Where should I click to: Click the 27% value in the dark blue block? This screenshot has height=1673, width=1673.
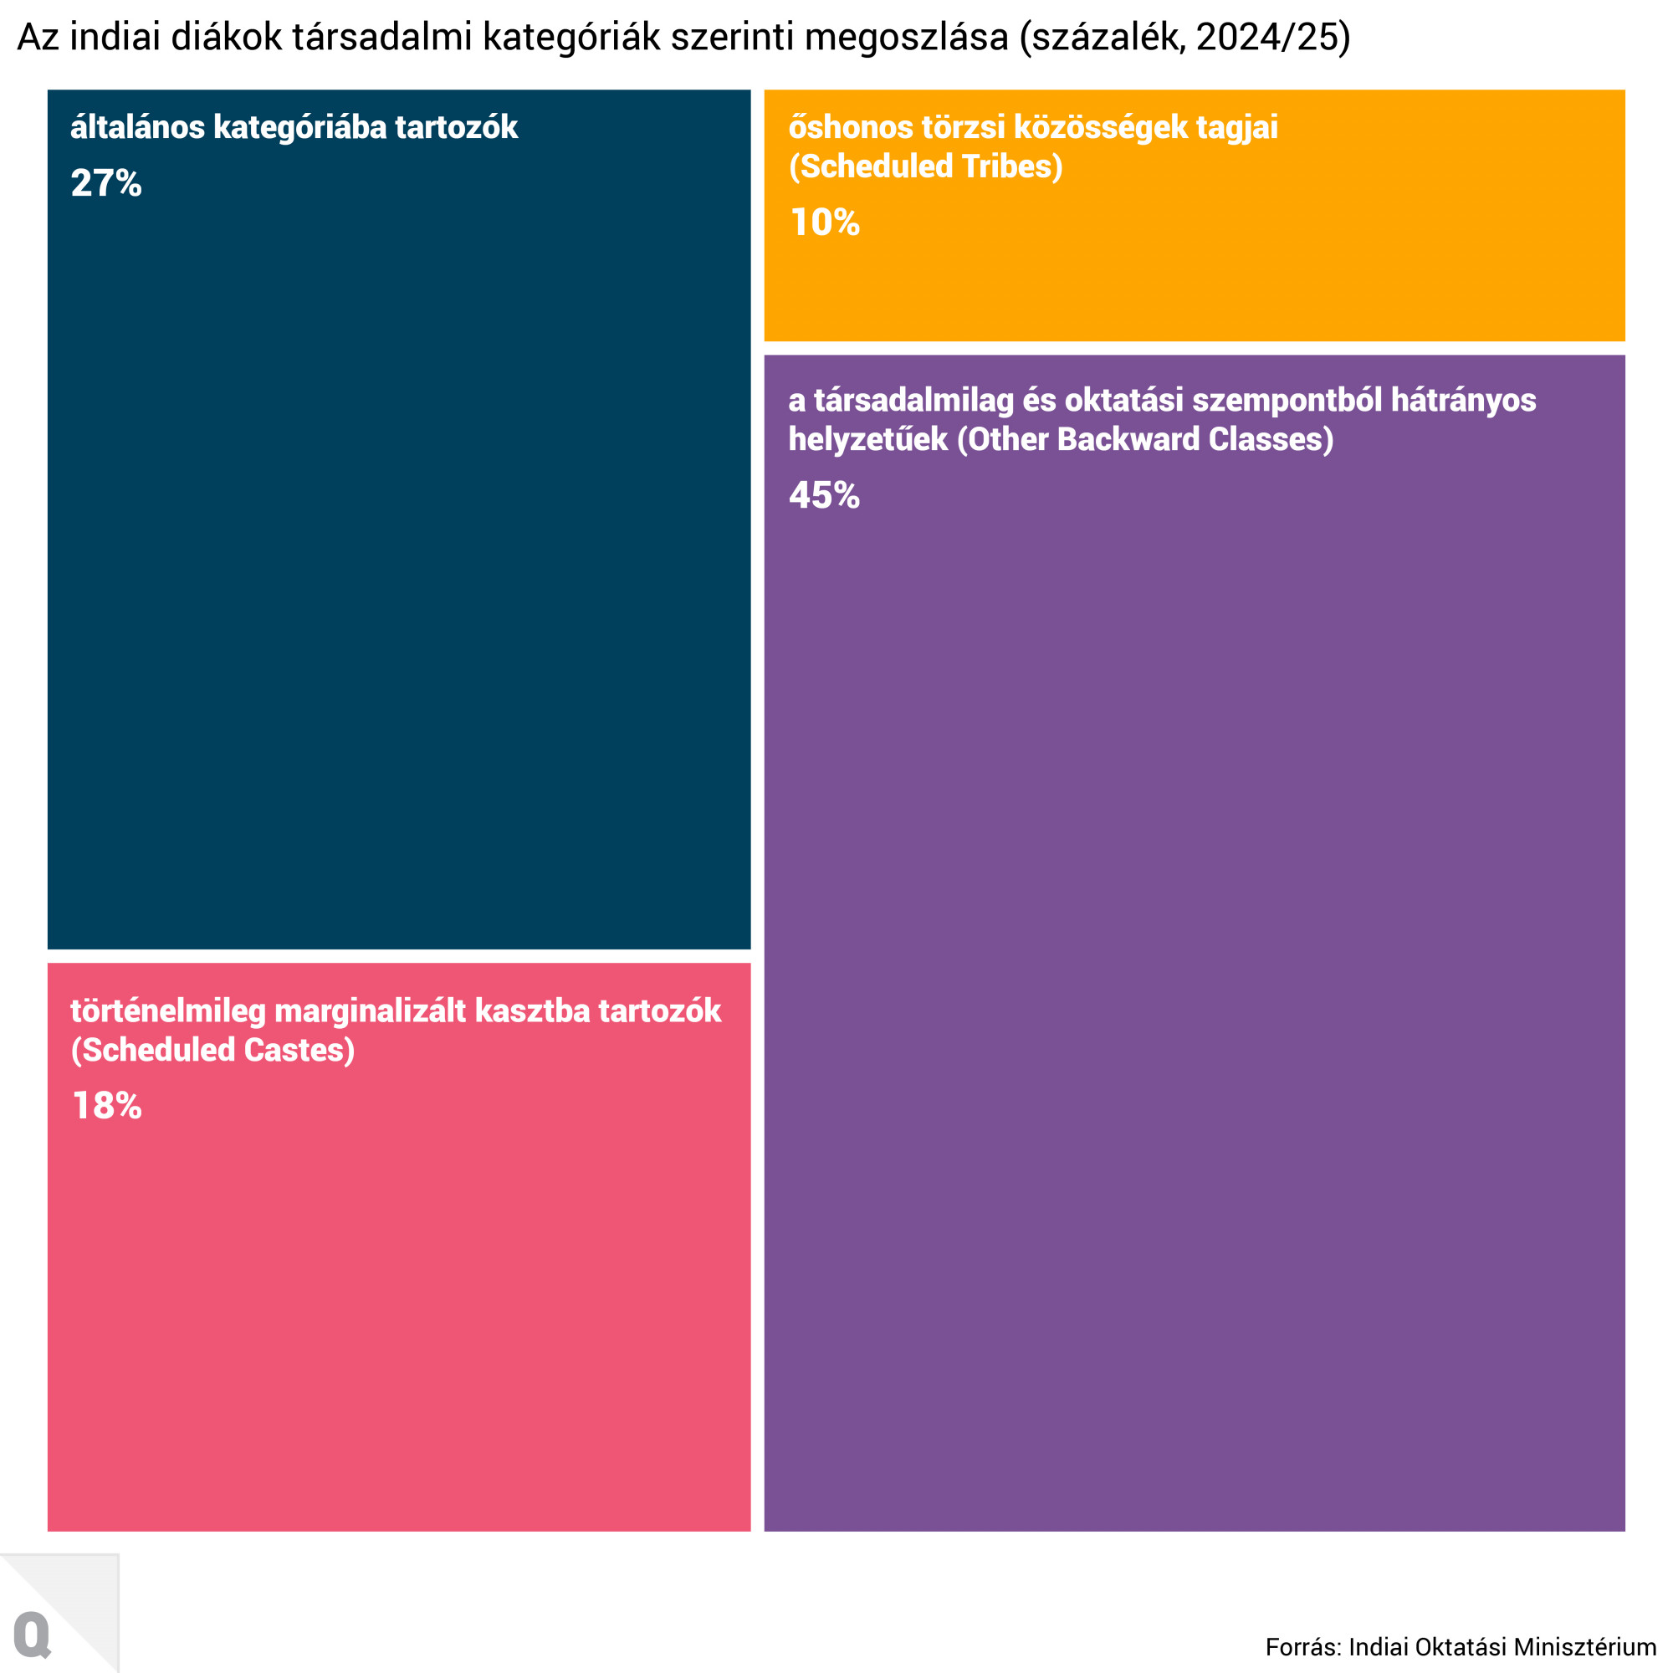click(105, 183)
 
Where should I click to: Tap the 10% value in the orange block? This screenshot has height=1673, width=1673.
click(825, 223)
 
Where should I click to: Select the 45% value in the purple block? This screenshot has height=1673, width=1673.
click(823, 495)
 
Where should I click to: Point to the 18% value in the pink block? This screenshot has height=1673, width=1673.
click(106, 1106)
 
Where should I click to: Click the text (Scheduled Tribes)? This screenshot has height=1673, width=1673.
click(925, 166)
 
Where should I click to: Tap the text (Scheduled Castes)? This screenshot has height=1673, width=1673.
click(213, 1051)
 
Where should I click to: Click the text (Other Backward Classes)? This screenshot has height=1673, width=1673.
click(1145, 439)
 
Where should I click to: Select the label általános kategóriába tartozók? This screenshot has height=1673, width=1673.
click(294, 127)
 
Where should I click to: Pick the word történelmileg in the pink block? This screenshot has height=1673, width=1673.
click(168, 1010)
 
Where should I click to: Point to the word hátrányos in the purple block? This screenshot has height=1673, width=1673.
click(1462, 400)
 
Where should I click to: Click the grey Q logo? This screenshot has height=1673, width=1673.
click(33, 1635)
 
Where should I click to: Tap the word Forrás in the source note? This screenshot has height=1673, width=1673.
click(1302, 1646)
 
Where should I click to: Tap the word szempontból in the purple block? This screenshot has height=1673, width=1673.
click(1287, 400)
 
